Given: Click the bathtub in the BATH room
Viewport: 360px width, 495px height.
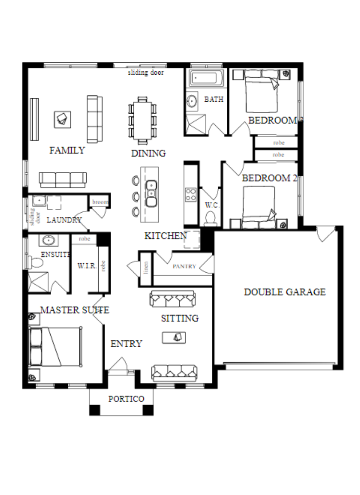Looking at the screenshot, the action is pyautogui.click(x=206, y=78).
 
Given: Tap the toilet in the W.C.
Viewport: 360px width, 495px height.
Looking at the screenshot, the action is pyautogui.click(x=210, y=219).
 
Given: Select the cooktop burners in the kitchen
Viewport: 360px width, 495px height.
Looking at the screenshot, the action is pyautogui.click(x=190, y=195).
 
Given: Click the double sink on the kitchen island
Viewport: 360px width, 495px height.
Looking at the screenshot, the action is pyautogui.click(x=151, y=194).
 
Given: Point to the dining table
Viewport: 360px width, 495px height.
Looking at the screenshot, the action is pyautogui.click(x=142, y=120).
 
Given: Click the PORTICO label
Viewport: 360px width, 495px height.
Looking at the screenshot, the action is pyautogui.click(x=126, y=399).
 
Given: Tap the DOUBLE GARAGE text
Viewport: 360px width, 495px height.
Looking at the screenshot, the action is pyautogui.click(x=285, y=292).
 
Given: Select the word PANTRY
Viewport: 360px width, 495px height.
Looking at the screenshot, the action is pyautogui.click(x=184, y=266).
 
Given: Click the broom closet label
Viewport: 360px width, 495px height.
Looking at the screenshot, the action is pyautogui.click(x=100, y=202).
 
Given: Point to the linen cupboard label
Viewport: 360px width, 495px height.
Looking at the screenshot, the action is pyautogui.click(x=146, y=268).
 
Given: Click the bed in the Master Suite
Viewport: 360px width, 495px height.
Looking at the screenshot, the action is pyautogui.click(x=55, y=347).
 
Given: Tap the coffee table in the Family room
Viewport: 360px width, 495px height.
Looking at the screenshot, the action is pyautogui.click(x=63, y=119).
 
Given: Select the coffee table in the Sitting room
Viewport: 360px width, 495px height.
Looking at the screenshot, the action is pyautogui.click(x=174, y=338).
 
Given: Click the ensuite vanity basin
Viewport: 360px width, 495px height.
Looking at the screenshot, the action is pyautogui.click(x=49, y=240).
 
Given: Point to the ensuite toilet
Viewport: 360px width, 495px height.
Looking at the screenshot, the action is pyautogui.click(x=36, y=262).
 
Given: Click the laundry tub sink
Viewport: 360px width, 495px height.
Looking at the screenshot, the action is pyautogui.click(x=39, y=201).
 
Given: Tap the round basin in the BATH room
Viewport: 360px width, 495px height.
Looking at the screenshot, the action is pyautogui.click(x=192, y=101).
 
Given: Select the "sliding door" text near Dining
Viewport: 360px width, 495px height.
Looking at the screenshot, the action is pyautogui.click(x=146, y=72).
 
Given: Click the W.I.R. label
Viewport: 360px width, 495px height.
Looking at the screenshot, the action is pyautogui.click(x=87, y=266).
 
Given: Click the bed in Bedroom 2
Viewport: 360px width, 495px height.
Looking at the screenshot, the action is pyautogui.click(x=259, y=207).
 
